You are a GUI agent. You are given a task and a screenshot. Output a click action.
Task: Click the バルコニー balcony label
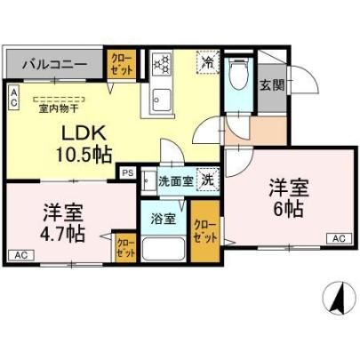(x=55, y=64)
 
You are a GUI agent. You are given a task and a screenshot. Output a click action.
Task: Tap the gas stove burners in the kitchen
(x=162, y=64)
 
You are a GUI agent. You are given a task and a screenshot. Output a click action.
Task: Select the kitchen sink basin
(x=162, y=100)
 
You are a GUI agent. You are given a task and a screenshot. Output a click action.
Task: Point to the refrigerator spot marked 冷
(x=208, y=61)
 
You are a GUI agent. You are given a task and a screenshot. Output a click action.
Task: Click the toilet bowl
(x=239, y=73)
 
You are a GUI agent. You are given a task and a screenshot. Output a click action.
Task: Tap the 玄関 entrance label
(x=272, y=85)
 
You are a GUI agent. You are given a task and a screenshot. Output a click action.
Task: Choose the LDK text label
(x=84, y=133)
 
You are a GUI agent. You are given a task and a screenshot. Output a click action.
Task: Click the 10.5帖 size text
(x=84, y=155)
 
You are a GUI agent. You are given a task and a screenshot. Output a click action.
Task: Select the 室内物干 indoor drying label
(x=59, y=108)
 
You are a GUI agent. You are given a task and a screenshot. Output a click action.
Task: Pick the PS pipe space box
(x=128, y=172)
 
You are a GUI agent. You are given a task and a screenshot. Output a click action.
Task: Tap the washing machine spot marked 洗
(x=208, y=179)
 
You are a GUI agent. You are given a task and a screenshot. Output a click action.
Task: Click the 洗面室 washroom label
(x=175, y=180)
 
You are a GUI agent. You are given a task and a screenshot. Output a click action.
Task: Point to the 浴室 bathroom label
(x=164, y=219)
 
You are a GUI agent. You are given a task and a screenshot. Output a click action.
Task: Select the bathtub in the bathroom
(x=164, y=248)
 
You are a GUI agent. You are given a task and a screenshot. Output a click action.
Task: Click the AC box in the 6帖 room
(x=340, y=238)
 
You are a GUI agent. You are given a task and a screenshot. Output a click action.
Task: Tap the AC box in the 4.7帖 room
(x=21, y=255)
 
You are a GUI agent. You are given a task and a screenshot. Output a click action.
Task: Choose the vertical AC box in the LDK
(x=13, y=97)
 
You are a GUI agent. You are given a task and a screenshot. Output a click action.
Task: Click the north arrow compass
(x=340, y=298)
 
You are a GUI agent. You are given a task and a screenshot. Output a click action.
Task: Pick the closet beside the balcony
(x=122, y=64)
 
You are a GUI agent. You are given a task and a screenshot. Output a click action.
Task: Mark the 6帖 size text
(x=288, y=210)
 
